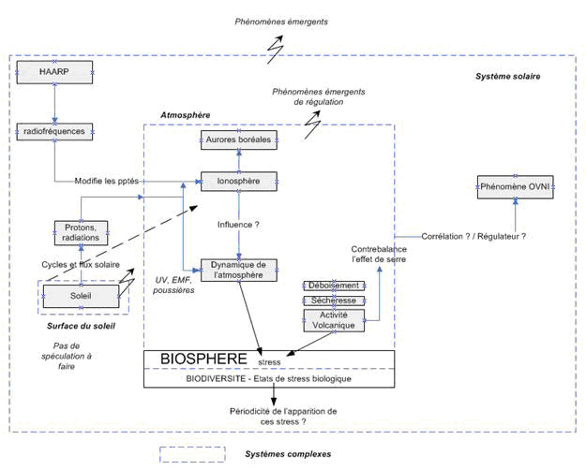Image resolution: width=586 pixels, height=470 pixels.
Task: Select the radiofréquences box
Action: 55,132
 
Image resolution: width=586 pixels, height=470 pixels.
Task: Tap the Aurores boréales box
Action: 239,140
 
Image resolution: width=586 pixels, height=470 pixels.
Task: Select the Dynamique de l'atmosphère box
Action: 239,270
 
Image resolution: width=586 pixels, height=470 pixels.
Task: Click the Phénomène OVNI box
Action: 515,188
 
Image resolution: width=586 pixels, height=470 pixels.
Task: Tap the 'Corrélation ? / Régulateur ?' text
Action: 473,236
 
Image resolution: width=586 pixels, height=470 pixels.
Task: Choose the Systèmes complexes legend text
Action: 288,454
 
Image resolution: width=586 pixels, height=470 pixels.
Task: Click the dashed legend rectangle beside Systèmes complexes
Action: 192,454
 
